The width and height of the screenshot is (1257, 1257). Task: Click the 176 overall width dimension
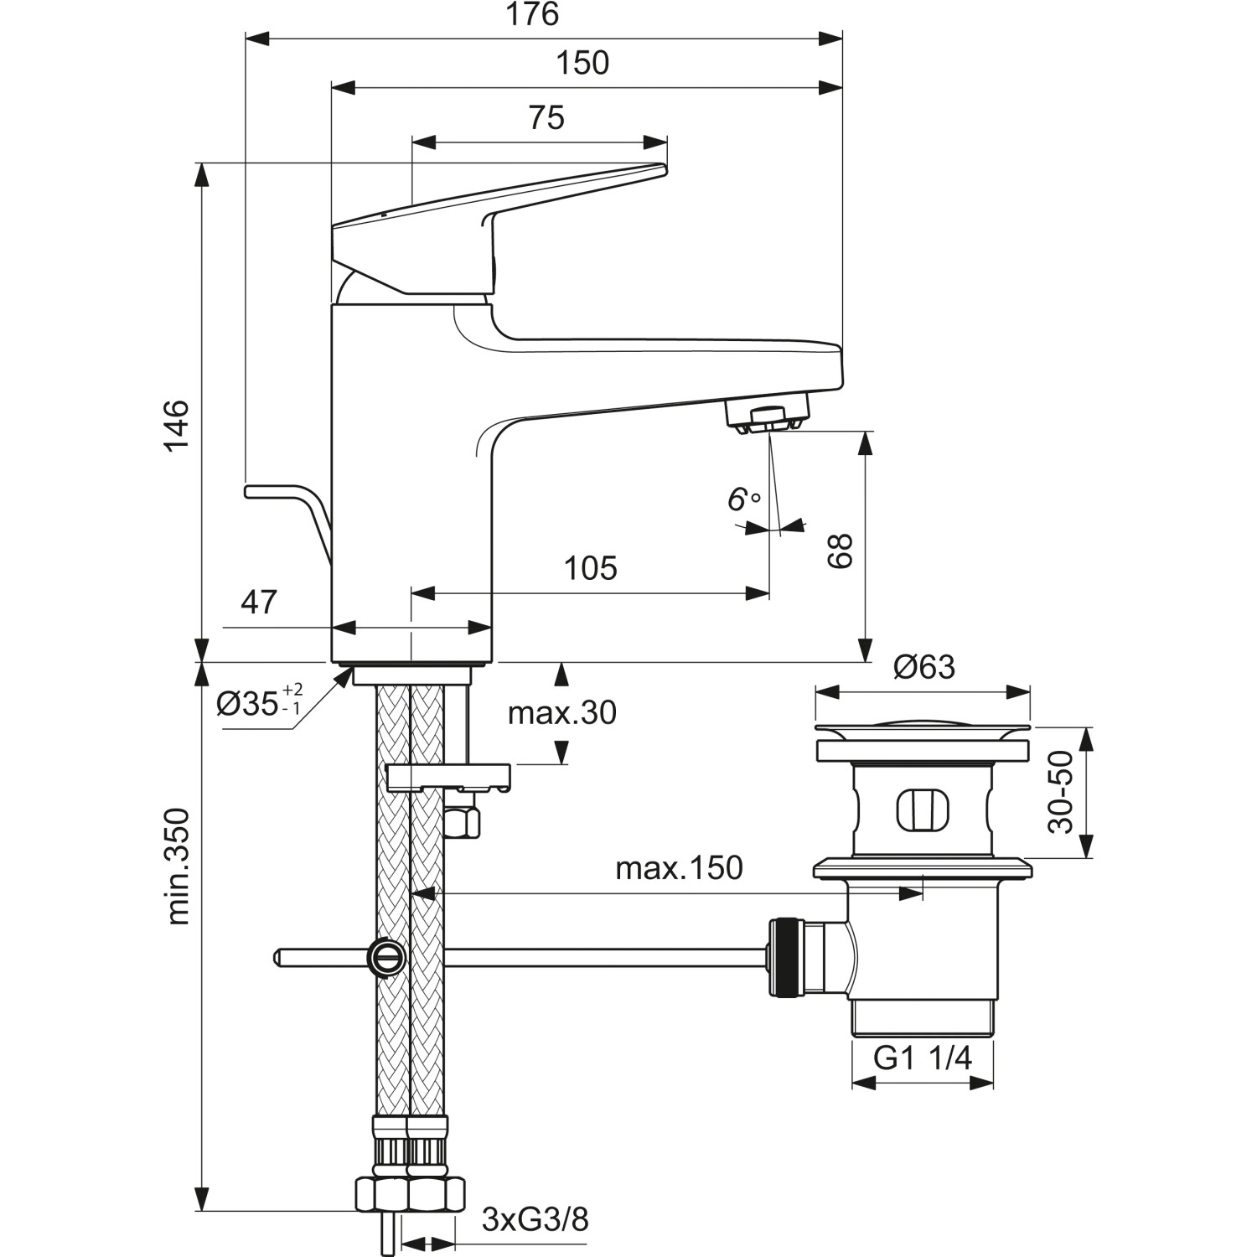pos(534,15)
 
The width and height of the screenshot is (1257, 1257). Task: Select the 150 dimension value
pos(583,64)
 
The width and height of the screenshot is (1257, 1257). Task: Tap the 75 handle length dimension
pos(546,118)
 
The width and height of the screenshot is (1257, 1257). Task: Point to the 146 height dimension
pos(177,427)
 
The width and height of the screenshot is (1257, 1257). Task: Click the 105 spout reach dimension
pos(591,568)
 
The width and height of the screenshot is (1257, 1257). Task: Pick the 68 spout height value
pos(840,551)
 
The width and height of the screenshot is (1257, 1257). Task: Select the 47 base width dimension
pos(259,602)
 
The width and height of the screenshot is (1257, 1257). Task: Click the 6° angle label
pos(742,500)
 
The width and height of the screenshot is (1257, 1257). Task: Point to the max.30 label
pos(561,713)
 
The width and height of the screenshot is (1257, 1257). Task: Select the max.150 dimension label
pos(679,868)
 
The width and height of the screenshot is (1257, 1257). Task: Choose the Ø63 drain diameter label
pos(923,667)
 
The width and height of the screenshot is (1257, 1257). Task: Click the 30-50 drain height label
pos(1061,792)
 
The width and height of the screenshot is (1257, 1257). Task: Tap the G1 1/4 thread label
pos(923,1058)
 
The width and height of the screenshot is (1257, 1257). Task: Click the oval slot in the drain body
pos(921,809)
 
